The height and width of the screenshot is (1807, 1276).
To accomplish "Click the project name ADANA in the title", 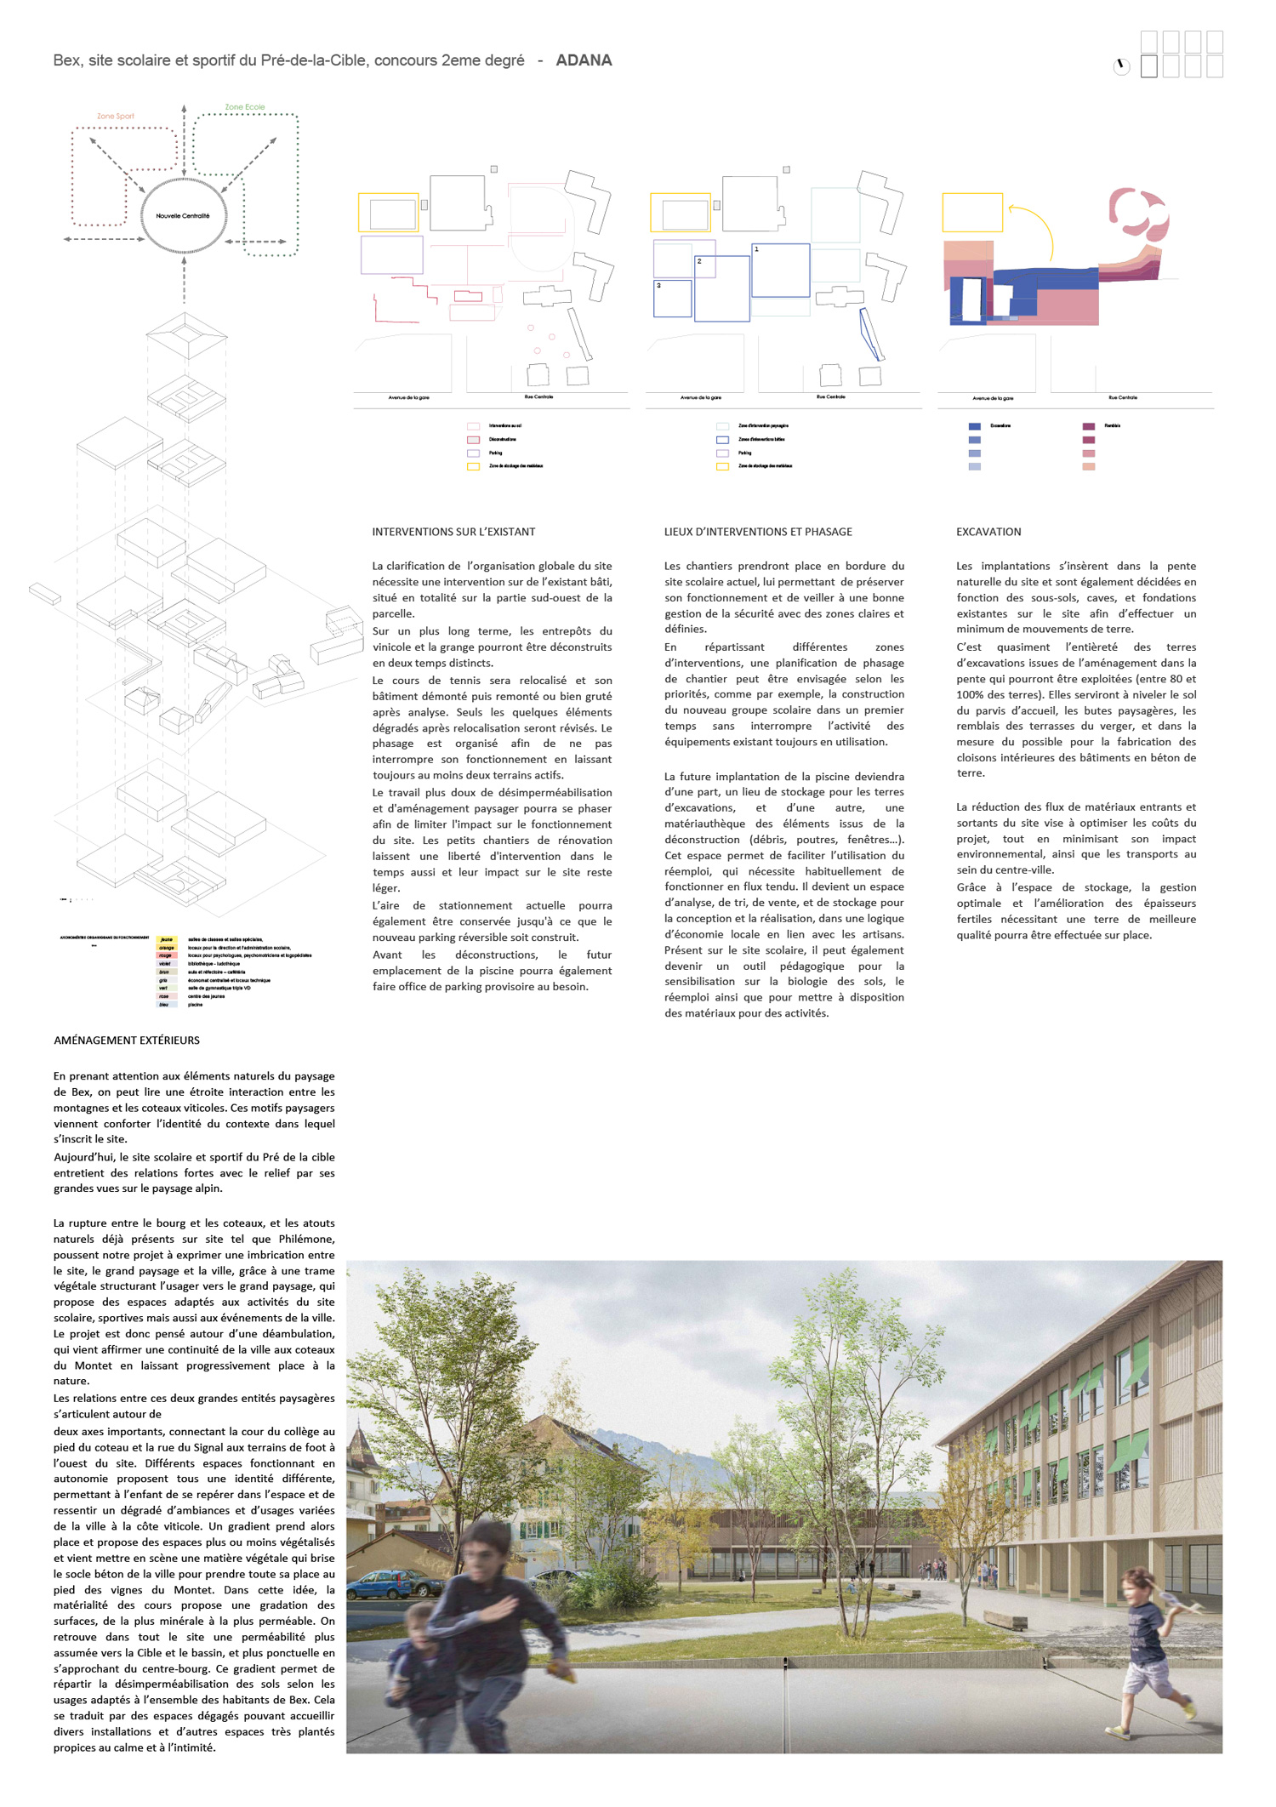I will [x=584, y=60].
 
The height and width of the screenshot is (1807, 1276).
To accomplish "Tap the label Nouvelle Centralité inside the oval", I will [x=183, y=216].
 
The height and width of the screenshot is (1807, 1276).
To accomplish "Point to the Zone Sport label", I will [x=116, y=117].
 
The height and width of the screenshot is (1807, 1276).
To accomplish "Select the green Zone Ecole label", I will [x=245, y=107].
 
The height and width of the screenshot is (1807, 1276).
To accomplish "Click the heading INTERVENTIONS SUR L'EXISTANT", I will [x=453, y=532].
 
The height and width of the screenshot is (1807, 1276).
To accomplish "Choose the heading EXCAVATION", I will [x=988, y=532].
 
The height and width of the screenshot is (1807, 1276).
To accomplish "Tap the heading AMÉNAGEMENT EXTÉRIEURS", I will [x=127, y=1040].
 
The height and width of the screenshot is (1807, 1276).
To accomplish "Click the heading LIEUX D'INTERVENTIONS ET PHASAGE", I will [x=758, y=532].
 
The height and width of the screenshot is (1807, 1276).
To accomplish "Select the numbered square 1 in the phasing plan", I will [x=780, y=271].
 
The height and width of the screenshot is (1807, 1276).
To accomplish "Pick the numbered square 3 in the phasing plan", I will [x=672, y=299].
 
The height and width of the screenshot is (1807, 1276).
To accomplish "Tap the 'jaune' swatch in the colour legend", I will [x=166, y=940].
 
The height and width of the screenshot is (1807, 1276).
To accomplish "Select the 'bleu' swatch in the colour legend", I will [x=165, y=1005].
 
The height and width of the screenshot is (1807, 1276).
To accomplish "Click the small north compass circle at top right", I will [x=1121, y=66].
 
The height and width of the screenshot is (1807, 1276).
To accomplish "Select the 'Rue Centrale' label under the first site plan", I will [x=538, y=397].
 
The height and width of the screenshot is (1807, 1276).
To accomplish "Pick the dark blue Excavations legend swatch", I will [x=975, y=426].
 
